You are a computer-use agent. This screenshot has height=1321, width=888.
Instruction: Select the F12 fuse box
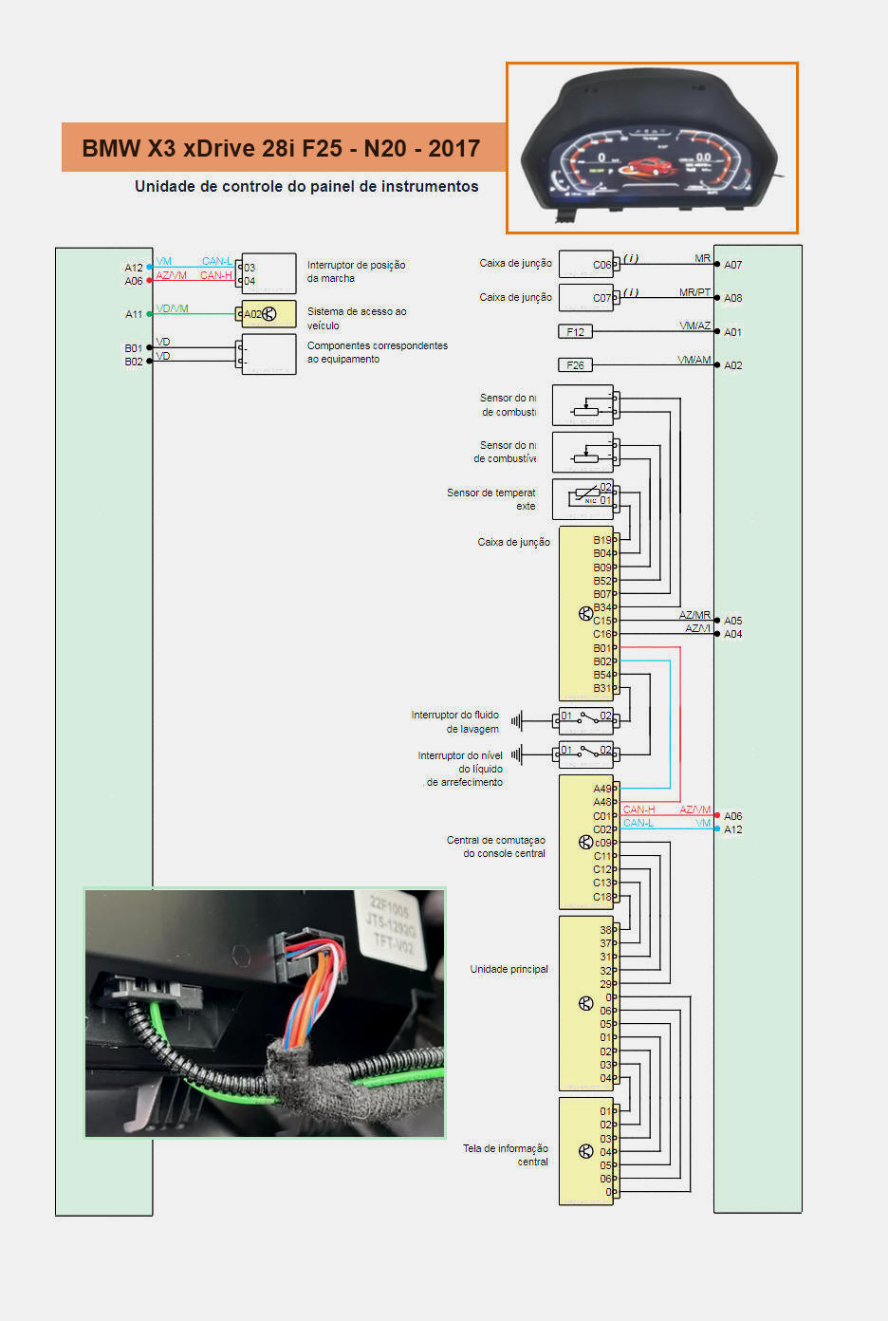pos(575,331)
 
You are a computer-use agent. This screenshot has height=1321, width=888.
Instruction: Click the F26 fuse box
pos(575,365)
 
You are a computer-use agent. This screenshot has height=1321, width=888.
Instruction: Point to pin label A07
pos(732,265)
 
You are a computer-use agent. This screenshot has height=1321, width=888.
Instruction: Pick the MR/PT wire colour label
pos(694,292)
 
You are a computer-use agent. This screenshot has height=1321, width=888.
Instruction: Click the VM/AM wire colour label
pos(694,360)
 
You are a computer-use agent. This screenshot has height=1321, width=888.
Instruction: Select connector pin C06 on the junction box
pos(602,265)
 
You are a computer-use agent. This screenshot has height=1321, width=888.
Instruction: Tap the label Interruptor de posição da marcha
pos(356,271)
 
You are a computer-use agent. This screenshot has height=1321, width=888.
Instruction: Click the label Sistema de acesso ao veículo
pos(356,318)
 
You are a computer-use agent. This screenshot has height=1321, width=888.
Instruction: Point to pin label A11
pos(134,314)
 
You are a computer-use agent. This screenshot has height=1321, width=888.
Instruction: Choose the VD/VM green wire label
pos(173,308)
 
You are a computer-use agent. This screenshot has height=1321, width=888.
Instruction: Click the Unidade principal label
pos(509,969)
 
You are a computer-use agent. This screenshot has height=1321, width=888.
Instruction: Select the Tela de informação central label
pos(506,1154)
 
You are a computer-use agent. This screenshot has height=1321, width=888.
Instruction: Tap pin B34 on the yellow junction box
pos(602,607)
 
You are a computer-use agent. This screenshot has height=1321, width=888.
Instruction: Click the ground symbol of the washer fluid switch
pos(517,721)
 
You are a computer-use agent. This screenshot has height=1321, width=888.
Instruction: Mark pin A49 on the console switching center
pos(602,789)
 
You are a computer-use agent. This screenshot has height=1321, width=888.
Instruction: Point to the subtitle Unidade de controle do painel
pos(306,186)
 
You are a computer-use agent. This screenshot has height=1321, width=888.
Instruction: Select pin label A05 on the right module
pos(732,621)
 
